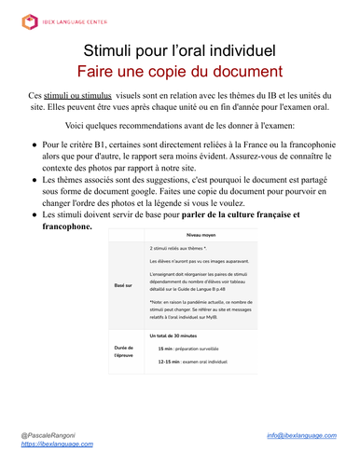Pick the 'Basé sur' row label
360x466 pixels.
coord(123,311)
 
